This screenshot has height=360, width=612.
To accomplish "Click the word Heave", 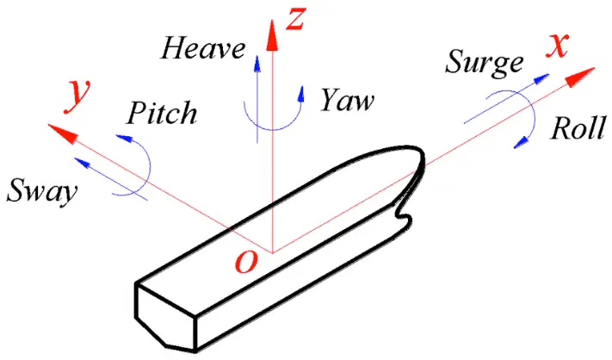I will (x=203, y=48).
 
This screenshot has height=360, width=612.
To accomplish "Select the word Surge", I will (x=485, y=61).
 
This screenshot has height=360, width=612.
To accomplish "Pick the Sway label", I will (x=41, y=190).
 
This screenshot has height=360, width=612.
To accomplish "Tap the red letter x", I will (x=557, y=45).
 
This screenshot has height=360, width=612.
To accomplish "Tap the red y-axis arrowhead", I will (x=59, y=132).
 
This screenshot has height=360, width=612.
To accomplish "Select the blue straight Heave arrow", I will (x=255, y=86).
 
